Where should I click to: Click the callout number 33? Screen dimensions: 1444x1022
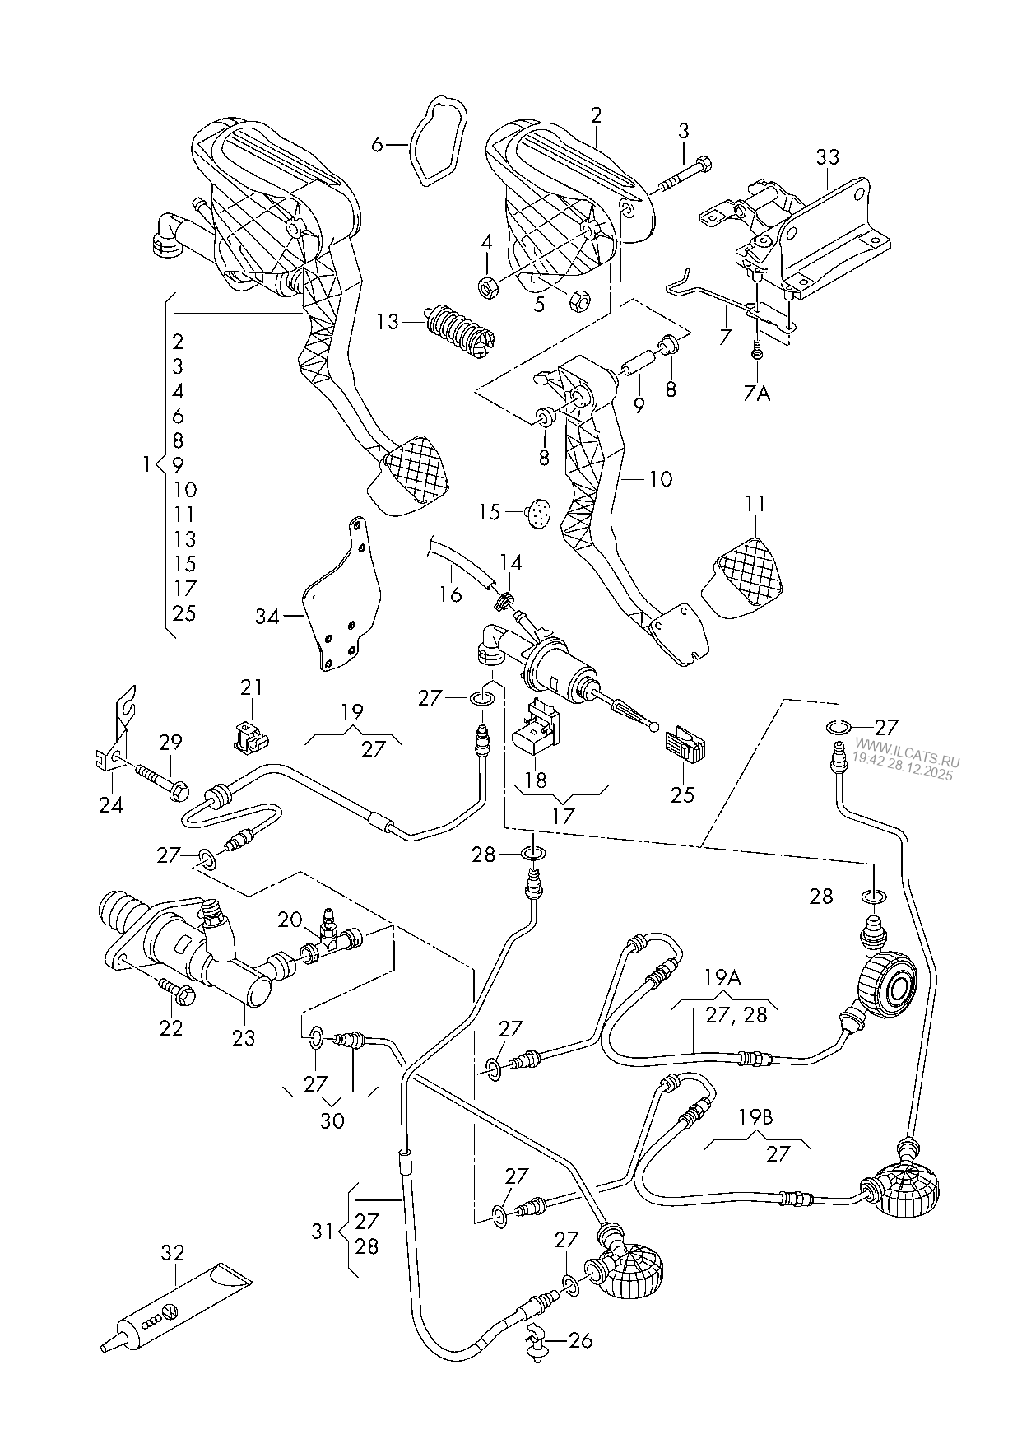[x=828, y=157]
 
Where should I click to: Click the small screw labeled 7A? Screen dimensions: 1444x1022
[x=756, y=352]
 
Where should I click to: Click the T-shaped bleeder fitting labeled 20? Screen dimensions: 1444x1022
[x=331, y=939]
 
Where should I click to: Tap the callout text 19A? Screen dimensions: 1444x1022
[x=722, y=978]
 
